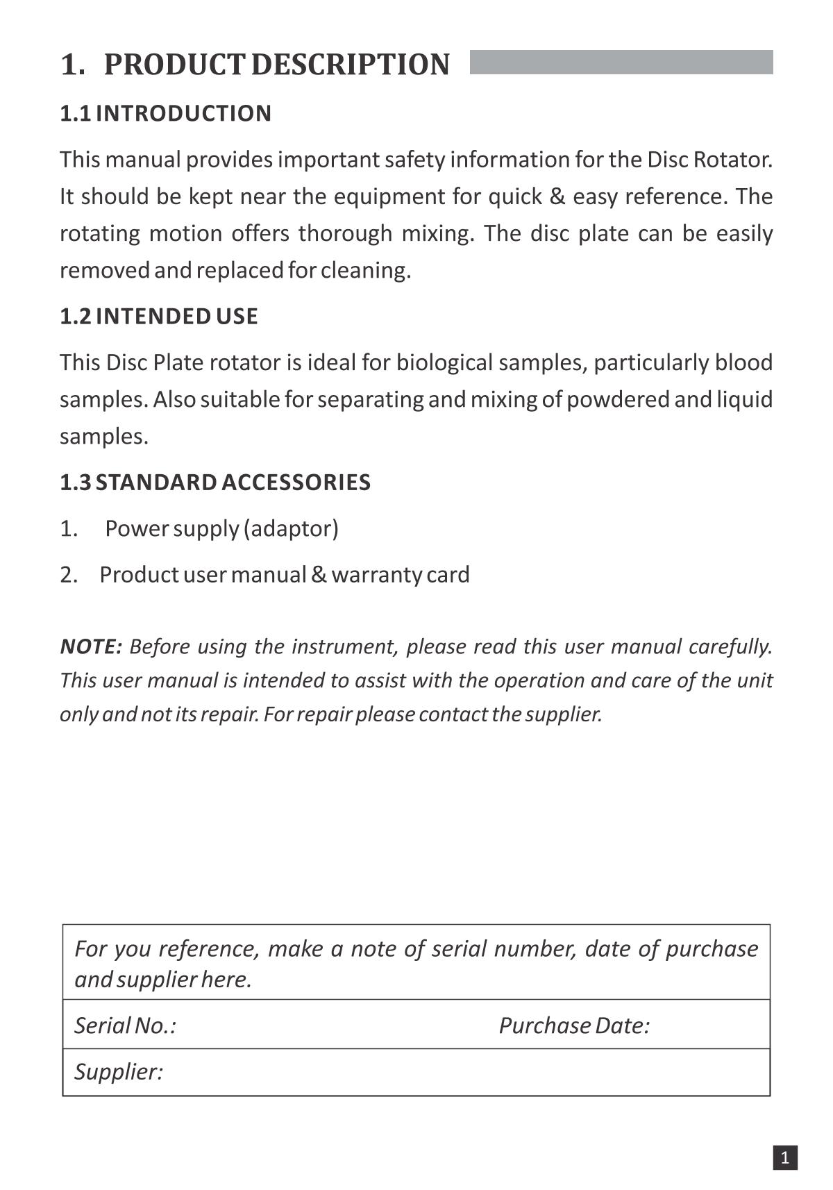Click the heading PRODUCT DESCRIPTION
[276, 65]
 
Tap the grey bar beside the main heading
[621, 62]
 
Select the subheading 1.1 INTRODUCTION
[165, 113]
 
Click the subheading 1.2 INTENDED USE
[158, 317]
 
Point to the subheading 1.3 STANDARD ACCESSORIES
[215, 483]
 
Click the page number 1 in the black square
[785, 1157]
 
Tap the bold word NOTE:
[91, 646]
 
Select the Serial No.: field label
[125, 1025]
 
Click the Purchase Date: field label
[574, 1025]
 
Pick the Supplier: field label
[119, 1071]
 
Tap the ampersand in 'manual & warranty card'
[319, 575]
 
